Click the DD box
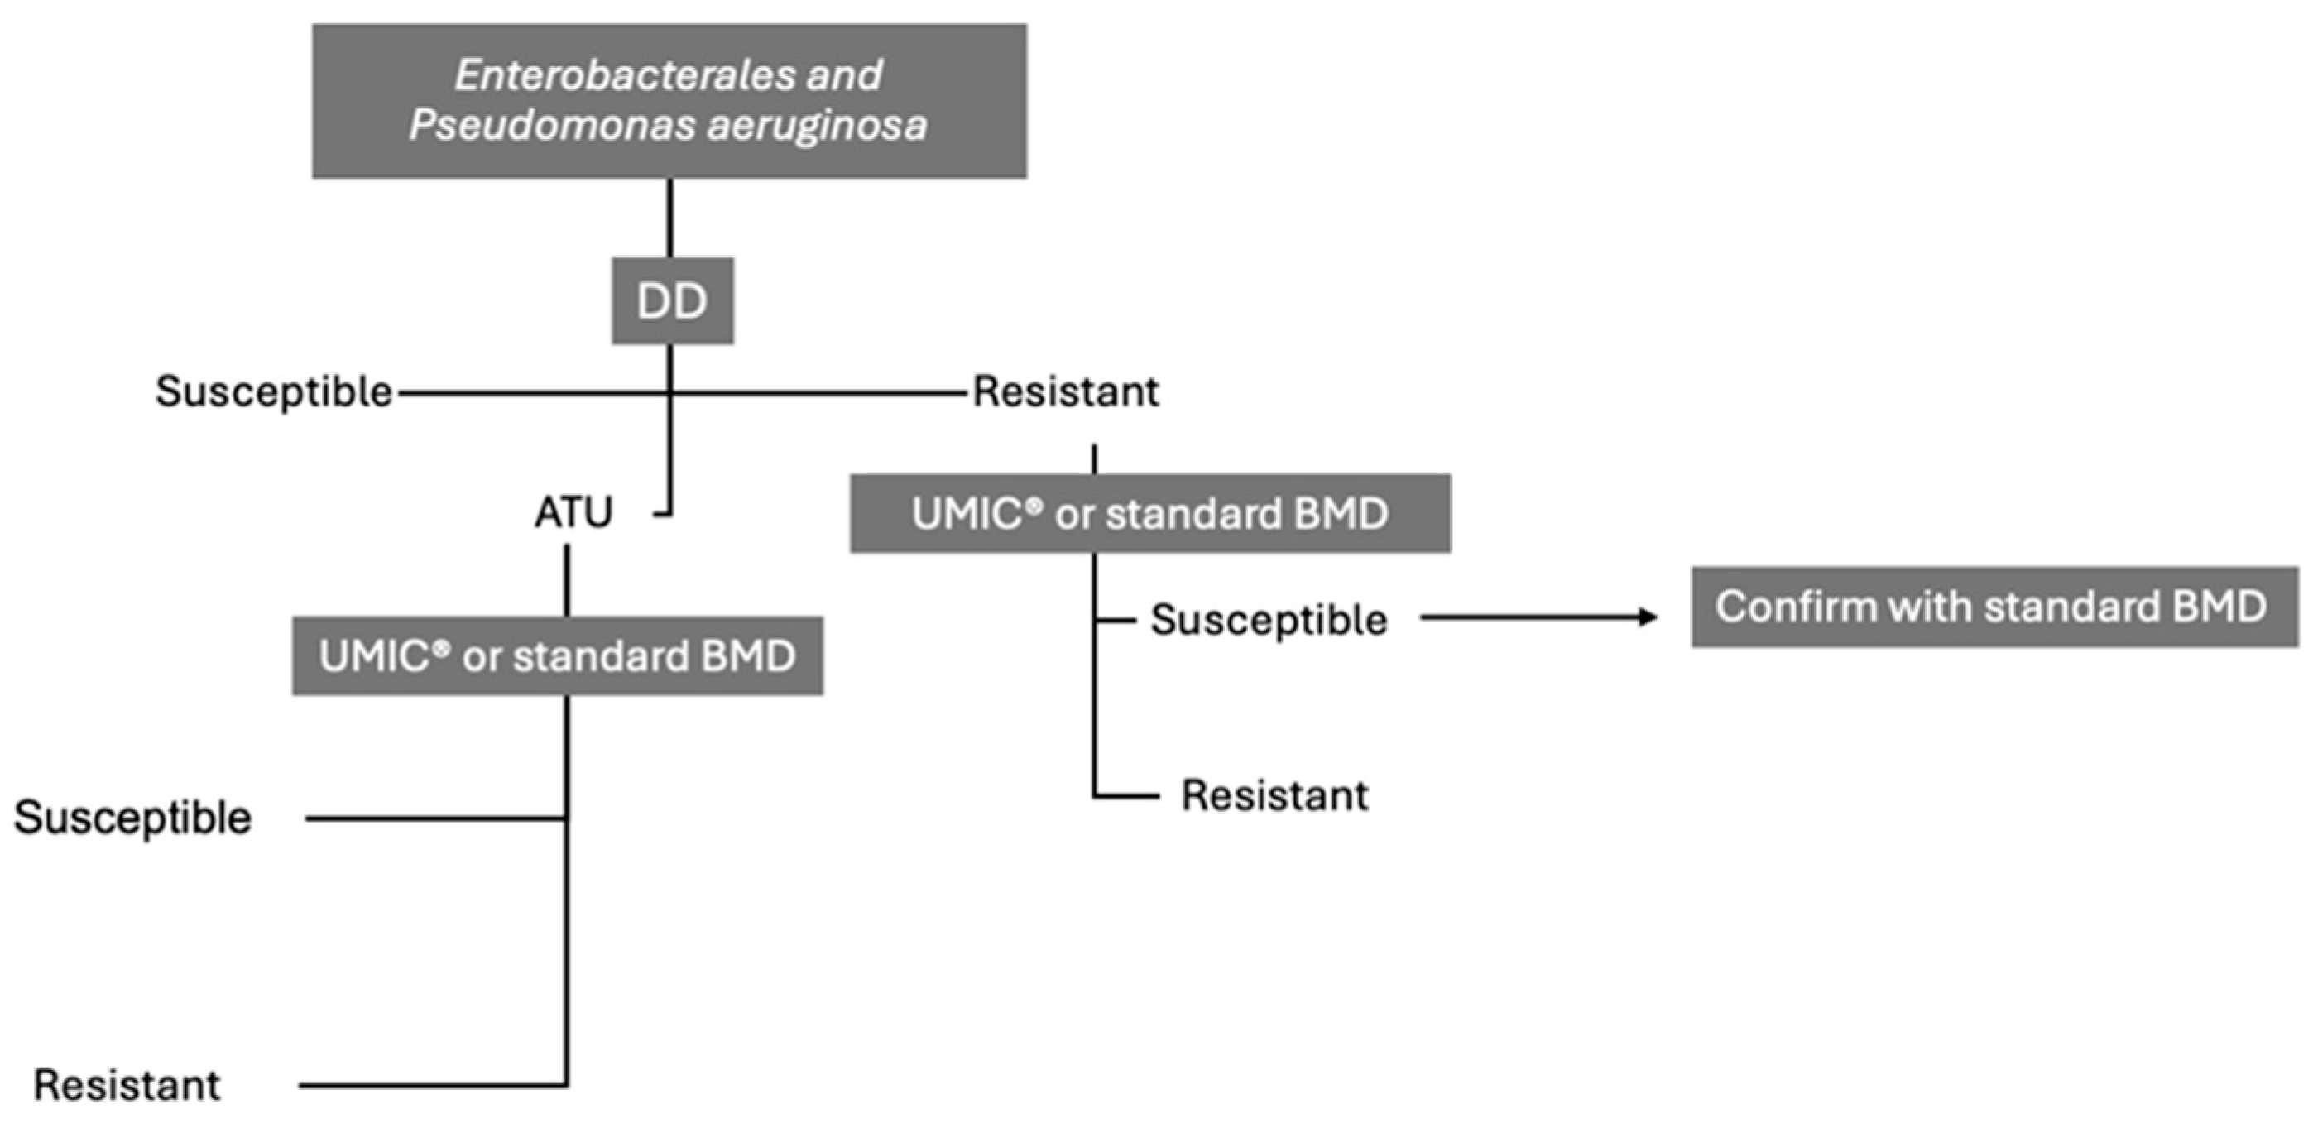point(673,301)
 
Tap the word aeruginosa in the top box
point(816,124)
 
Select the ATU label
point(573,513)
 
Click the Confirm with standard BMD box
point(1994,607)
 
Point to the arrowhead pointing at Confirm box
point(1648,617)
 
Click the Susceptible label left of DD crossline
point(274,391)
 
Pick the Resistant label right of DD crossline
point(1066,391)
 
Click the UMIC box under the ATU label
point(557,655)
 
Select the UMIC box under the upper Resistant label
point(1149,513)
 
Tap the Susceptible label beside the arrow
point(1269,620)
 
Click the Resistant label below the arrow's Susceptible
point(1274,794)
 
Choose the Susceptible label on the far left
point(133,818)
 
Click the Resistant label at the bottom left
point(127,1085)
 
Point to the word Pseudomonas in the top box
point(552,124)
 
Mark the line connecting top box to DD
point(669,218)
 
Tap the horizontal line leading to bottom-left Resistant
point(431,1086)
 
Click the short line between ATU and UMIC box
point(567,580)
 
